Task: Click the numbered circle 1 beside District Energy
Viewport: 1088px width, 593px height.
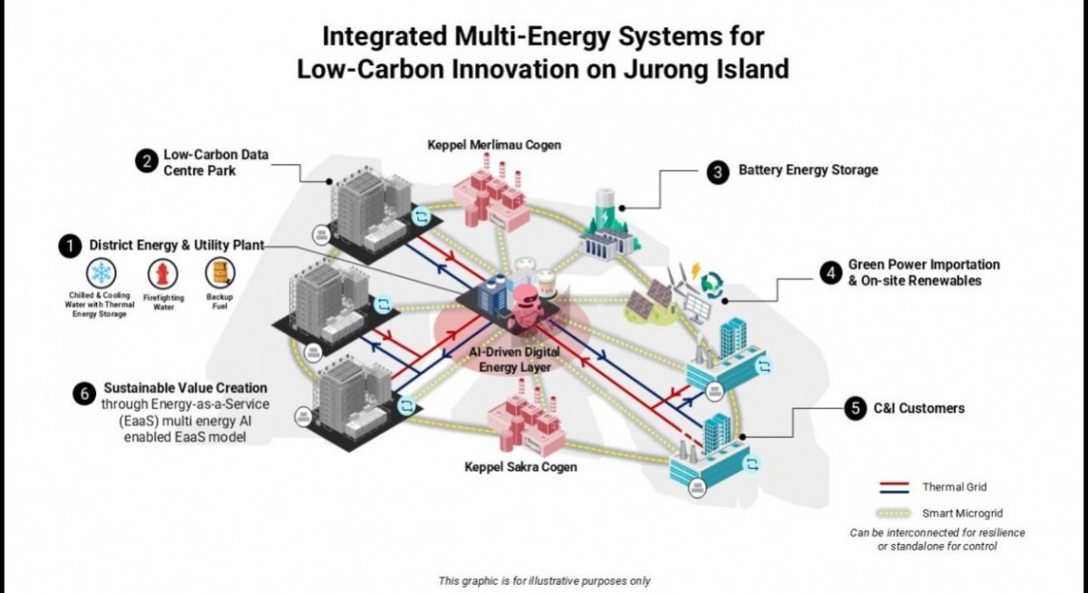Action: (68, 246)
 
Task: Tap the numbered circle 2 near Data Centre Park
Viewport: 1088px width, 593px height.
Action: (145, 161)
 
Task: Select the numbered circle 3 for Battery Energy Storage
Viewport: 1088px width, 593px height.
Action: (718, 170)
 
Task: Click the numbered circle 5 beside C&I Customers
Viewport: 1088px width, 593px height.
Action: (854, 409)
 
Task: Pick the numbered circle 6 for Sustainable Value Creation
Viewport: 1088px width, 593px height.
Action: (84, 394)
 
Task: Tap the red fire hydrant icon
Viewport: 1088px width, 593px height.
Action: (163, 275)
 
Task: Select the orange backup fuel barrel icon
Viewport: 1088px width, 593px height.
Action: (219, 273)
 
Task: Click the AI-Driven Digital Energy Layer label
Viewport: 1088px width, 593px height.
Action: (514, 358)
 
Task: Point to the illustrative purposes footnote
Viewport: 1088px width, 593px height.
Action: (544, 580)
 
